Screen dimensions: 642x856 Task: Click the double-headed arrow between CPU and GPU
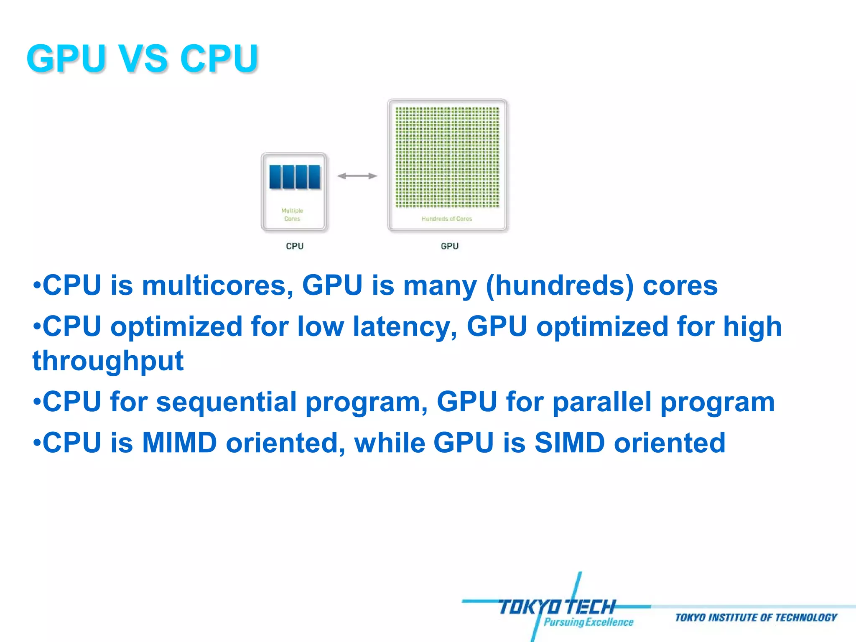[x=357, y=176]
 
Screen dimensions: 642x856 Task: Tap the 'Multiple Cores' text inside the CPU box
[x=292, y=214]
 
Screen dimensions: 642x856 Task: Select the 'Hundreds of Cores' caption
[x=446, y=219]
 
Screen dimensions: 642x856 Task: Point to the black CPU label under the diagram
[x=295, y=246]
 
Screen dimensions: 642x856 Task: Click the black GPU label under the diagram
[x=449, y=246]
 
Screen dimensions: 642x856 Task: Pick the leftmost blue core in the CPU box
[x=275, y=177]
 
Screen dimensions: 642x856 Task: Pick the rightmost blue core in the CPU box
[x=314, y=177]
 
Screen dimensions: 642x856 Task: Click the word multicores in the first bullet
[x=217, y=286]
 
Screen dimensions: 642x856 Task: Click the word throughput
[x=108, y=361]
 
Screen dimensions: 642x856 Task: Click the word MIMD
[x=179, y=443]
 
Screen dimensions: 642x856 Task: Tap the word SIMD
[x=569, y=443]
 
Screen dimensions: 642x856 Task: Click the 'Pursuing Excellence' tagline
[x=588, y=622]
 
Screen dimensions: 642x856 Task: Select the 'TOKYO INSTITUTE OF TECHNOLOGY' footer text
[x=756, y=618]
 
